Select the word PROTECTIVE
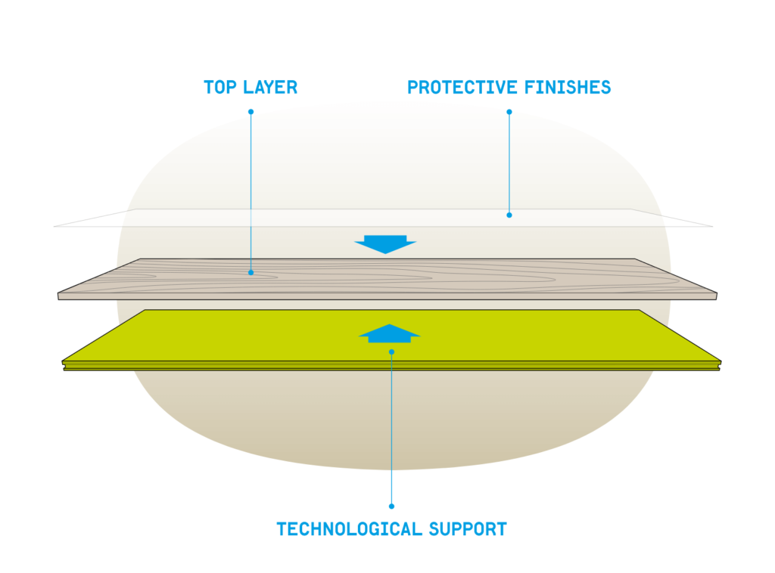tap(457, 88)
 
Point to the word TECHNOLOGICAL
tap(347, 529)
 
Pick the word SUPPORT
tap(468, 529)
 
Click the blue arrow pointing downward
tap(385, 244)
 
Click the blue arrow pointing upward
tap(389, 333)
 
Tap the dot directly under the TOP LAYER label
tap(251, 112)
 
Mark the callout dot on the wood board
tap(251, 272)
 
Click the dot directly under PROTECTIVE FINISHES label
tap(509, 112)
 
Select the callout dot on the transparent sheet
tap(509, 215)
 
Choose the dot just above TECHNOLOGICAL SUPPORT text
tap(391, 506)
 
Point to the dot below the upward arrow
tap(391, 352)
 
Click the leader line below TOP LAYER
tap(251, 189)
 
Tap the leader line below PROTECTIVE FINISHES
tap(509, 163)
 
